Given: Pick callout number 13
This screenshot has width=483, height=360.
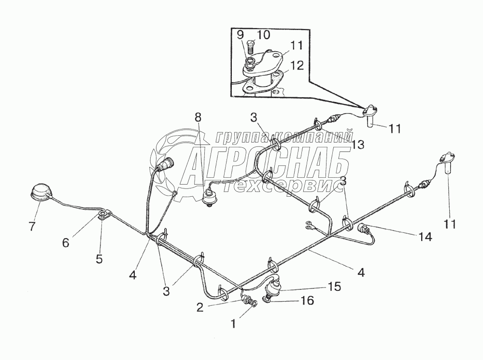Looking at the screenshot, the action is point(358,144).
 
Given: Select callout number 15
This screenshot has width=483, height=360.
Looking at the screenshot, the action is point(334,287).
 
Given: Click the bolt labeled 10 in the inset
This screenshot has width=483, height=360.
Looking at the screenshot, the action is point(251,47).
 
